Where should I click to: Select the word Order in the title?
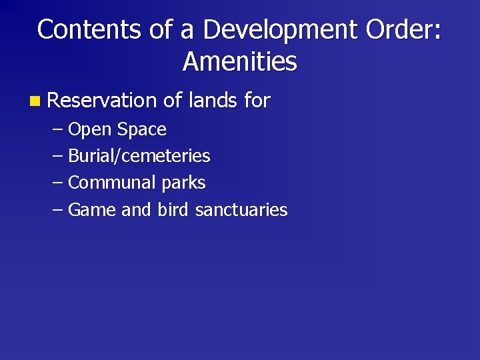click(396, 29)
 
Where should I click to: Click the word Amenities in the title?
click(240, 62)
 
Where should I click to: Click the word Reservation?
click(102, 101)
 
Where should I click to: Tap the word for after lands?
click(257, 101)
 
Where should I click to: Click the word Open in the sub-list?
click(90, 129)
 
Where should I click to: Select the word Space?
click(142, 129)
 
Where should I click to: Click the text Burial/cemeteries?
click(139, 156)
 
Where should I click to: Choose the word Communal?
click(113, 182)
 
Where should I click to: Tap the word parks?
click(183, 183)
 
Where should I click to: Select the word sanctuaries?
click(241, 209)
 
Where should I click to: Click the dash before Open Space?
click(58, 129)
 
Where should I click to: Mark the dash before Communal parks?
click(58, 183)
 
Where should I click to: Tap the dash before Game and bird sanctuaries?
click(58, 209)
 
